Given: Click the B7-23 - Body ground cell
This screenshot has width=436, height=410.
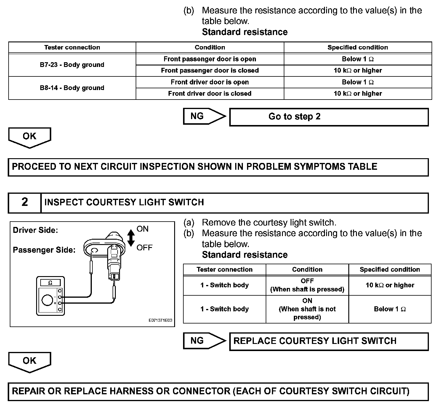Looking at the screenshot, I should (x=72, y=65).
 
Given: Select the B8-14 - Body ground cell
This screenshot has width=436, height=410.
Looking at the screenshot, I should (x=72, y=88).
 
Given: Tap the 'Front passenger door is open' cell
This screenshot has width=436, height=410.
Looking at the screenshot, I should (x=210, y=59).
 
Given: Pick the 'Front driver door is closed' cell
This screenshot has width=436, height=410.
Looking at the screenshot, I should (x=210, y=94).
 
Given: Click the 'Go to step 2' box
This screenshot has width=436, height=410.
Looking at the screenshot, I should (x=329, y=117).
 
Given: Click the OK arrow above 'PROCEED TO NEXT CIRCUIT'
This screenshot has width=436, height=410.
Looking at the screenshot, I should (x=30, y=137).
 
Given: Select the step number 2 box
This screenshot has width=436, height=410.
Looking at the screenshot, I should (x=25, y=203).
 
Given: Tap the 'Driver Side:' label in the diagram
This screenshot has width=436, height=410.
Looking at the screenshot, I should (x=35, y=230).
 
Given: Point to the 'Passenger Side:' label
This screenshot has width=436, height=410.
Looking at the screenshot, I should (x=44, y=250).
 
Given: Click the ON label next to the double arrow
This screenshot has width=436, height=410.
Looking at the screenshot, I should (x=142, y=229).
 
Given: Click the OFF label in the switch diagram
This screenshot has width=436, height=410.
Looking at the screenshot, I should (x=144, y=247).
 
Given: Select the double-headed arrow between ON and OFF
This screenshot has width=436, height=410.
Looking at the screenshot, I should (x=131, y=238).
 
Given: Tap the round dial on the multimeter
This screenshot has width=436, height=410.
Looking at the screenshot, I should (x=47, y=300).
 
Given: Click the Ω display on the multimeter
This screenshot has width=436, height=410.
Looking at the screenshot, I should (x=50, y=283).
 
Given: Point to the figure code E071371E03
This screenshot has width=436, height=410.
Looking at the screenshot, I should (x=160, y=321).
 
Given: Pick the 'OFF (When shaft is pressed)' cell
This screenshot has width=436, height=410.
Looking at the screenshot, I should (x=307, y=285).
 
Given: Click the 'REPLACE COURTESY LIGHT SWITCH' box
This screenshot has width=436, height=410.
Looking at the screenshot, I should (x=329, y=341).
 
